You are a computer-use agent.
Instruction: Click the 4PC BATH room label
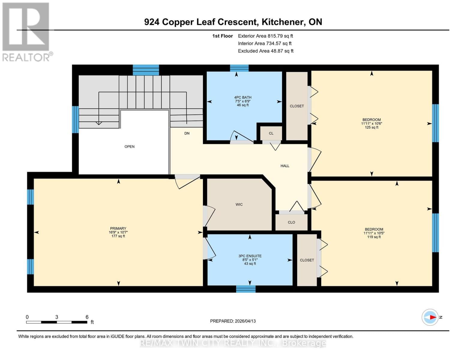[x=243, y=97]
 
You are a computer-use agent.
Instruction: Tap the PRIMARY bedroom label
[x=118, y=229]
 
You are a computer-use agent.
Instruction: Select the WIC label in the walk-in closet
[x=239, y=205]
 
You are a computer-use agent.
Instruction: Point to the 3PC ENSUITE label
[x=250, y=256]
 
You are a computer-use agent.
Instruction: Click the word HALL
[x=285, y=166]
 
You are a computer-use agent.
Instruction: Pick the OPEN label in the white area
[x=130, y=147]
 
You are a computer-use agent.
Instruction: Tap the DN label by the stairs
[x=187, y=133]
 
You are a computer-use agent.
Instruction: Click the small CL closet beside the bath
[x=271, y=133]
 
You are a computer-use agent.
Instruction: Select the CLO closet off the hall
[x=291, y=223]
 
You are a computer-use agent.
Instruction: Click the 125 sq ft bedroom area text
[x=371, y=127]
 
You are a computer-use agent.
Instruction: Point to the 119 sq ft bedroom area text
[x=374, y=237]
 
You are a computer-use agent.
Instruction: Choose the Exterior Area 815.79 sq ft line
[x=265, y=36]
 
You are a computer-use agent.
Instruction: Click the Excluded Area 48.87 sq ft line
[x=266, y=51]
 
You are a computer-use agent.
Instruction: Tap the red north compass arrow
[x=432, y=317]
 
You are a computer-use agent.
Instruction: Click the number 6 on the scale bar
[x=87, y=317]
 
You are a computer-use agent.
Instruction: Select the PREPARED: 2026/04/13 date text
[x=233, y=321]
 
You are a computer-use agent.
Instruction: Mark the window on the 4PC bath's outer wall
[x=239, y=68]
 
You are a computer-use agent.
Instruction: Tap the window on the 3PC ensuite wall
[x=246, y=289]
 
